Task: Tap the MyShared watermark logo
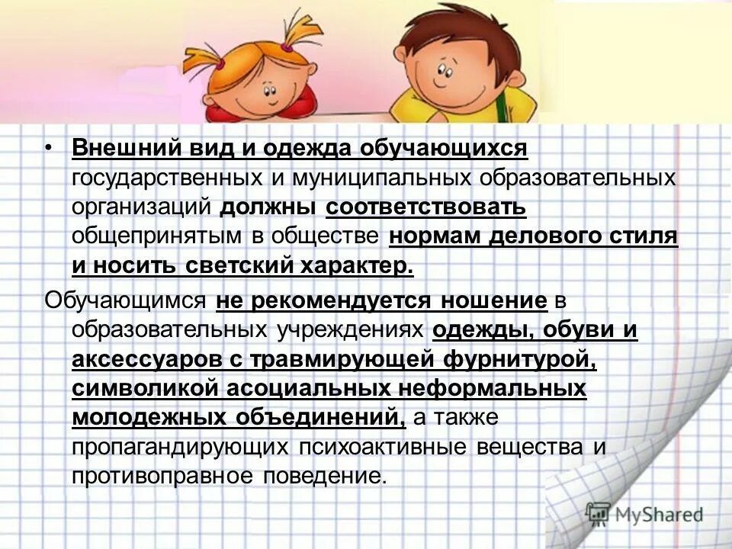(645, 514)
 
